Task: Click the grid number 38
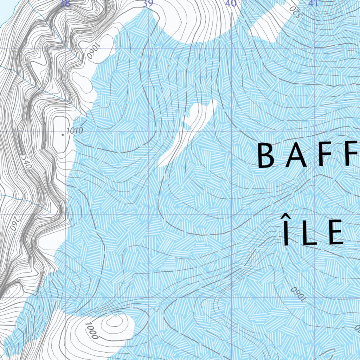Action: [x=65, y=4]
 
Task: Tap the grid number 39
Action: [x=148, y=4]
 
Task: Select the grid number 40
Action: [x=231, y=4]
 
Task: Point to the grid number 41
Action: [x=313, y=4]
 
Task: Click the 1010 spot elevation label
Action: [x=75, y=131]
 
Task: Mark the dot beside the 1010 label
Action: [x=63, y=134]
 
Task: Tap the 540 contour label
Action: [x=26, y=162]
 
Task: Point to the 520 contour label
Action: [x=295, y=12]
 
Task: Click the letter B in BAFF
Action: [x=266, y=156]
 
